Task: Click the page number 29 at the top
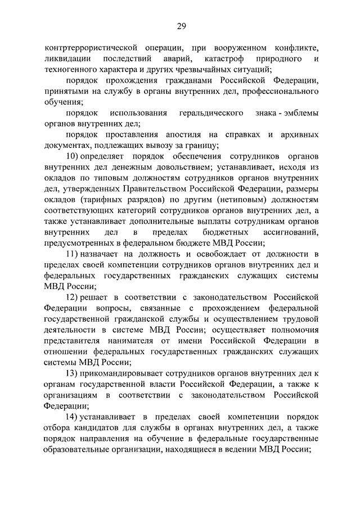click(x=181, y=25)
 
